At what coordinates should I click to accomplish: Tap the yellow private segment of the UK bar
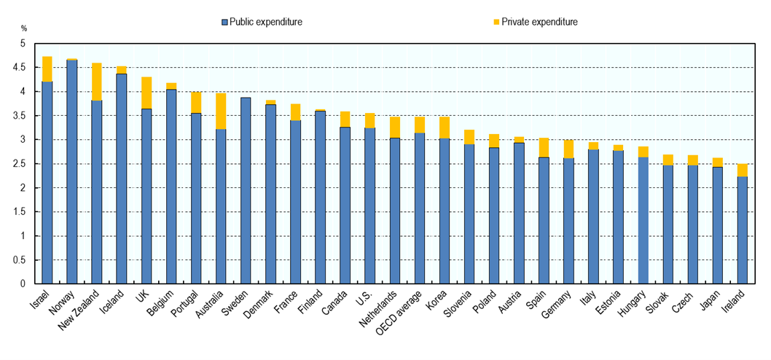pyautogui.click(x=146, y=93)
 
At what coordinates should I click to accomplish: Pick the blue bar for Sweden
pyautogui.click(x=246, y=190)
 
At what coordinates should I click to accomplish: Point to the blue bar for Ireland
pyautogui.click(x=742, y=230)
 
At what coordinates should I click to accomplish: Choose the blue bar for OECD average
pyautogui.click(x=419, y=208)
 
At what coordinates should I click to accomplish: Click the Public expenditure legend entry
pyautogui.click(x=262, y=22)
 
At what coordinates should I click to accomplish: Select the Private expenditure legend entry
pyautogui.click(x=536, y=22)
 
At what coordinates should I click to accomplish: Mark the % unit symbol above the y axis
pyautogui.click(x=24, y=28)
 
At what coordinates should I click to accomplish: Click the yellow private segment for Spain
pyautogui.click(x=544, y=147)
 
